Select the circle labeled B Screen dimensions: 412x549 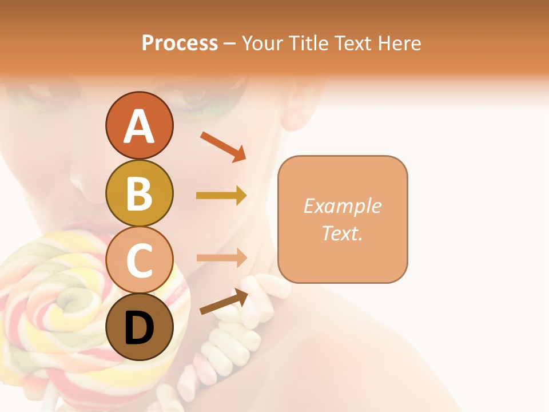coord(139,193)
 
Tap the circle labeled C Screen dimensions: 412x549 coord(139,260)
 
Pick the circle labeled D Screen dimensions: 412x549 coord(139,327)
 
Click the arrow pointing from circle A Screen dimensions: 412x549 coord(223,146)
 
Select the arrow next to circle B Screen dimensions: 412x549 coord(221,196)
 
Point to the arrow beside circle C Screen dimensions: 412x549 coord(221,257)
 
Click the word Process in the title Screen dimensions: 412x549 coord(180,43)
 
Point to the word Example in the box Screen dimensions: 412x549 coord(342,206)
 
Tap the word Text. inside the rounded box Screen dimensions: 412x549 coord(342,233)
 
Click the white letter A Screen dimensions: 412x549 coord(139,126)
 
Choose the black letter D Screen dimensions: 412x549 coord(139,328)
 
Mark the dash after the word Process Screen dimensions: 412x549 coord(230,44)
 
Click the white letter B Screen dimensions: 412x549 coord(139,194)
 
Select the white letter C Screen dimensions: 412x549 coord(139,261)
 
